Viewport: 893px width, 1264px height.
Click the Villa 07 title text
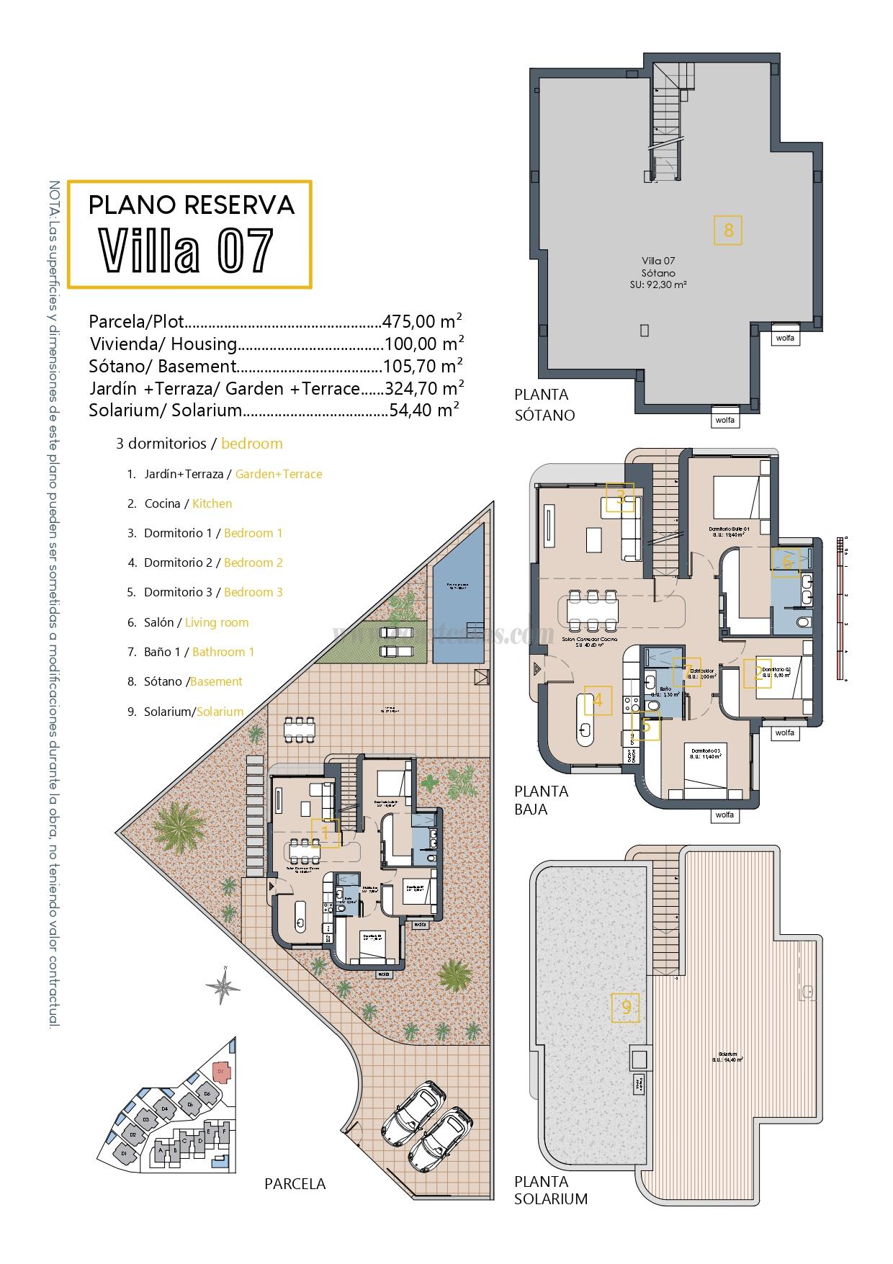coord(187,250)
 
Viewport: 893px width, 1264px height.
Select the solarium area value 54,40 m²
coord(424,411)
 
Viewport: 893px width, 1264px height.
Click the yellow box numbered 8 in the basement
coord(728,230)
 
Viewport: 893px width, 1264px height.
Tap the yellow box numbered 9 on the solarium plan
coord(625,1008)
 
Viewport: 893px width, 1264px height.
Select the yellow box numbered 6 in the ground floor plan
coord(786,562)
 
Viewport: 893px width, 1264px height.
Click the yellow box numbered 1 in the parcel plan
coord(325,833)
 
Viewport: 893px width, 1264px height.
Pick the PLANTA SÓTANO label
coord(544,405)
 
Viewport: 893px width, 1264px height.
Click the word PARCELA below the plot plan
coord(295,1183)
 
